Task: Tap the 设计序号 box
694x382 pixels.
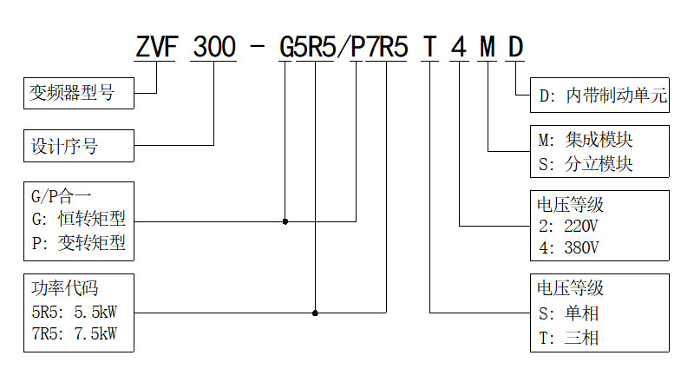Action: (78, 146)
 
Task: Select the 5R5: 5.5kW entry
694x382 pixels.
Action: (74, 310)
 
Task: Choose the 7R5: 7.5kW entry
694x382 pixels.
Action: (74, 333)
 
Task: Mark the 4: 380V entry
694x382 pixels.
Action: (568, 247)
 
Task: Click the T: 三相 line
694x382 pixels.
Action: (568, 338)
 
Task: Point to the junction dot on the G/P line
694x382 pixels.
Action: (285, 221)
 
